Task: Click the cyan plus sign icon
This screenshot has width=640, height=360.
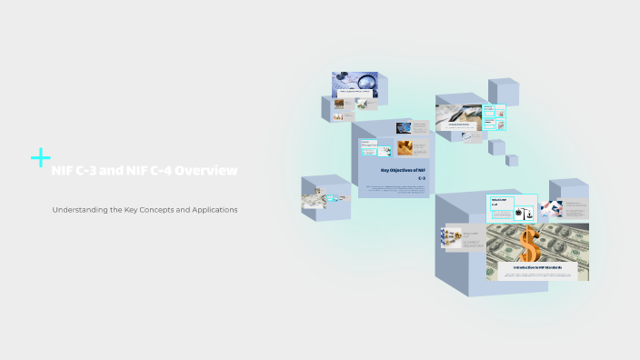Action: pyautogui.click(x=40, y=158)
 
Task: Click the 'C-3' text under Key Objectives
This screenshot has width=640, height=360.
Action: pyautogui.click(x=422, y=179)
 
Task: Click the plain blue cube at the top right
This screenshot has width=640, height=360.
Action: pyautogui.click(x=503, y=91)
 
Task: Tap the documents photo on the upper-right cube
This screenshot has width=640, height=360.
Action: pyautogui.click(x=457, y=116)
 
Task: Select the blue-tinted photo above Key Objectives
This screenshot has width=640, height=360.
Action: pyautogui.click(x=404, y=128)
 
